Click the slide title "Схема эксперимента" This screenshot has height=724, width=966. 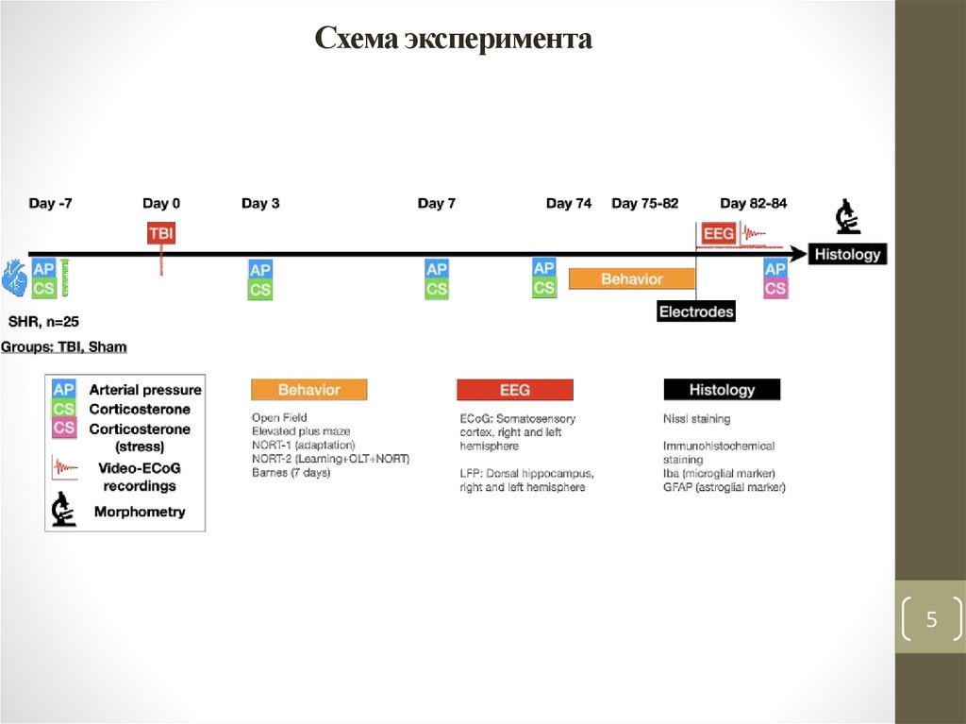453,39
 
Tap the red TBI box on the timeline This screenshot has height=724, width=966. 161,233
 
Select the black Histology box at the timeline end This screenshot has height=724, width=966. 847,254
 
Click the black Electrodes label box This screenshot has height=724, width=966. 695,311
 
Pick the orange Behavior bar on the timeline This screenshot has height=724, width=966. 631,279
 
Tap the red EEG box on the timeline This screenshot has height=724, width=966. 718,233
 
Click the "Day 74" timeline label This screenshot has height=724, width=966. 569,203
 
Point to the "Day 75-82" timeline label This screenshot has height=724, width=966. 644,203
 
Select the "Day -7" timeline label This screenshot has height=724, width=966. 50,203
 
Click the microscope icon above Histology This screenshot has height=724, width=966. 847,218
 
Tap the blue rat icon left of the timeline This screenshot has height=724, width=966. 14,277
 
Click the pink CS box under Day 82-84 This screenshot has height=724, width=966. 775,289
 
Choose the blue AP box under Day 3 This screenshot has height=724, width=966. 260,270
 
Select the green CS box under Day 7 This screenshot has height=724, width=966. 437,289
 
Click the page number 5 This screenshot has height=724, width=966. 931,620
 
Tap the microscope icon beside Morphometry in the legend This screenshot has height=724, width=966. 63,511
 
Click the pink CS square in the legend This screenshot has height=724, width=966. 63,429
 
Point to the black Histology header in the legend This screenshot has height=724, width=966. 722,389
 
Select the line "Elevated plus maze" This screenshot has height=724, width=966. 301,431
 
